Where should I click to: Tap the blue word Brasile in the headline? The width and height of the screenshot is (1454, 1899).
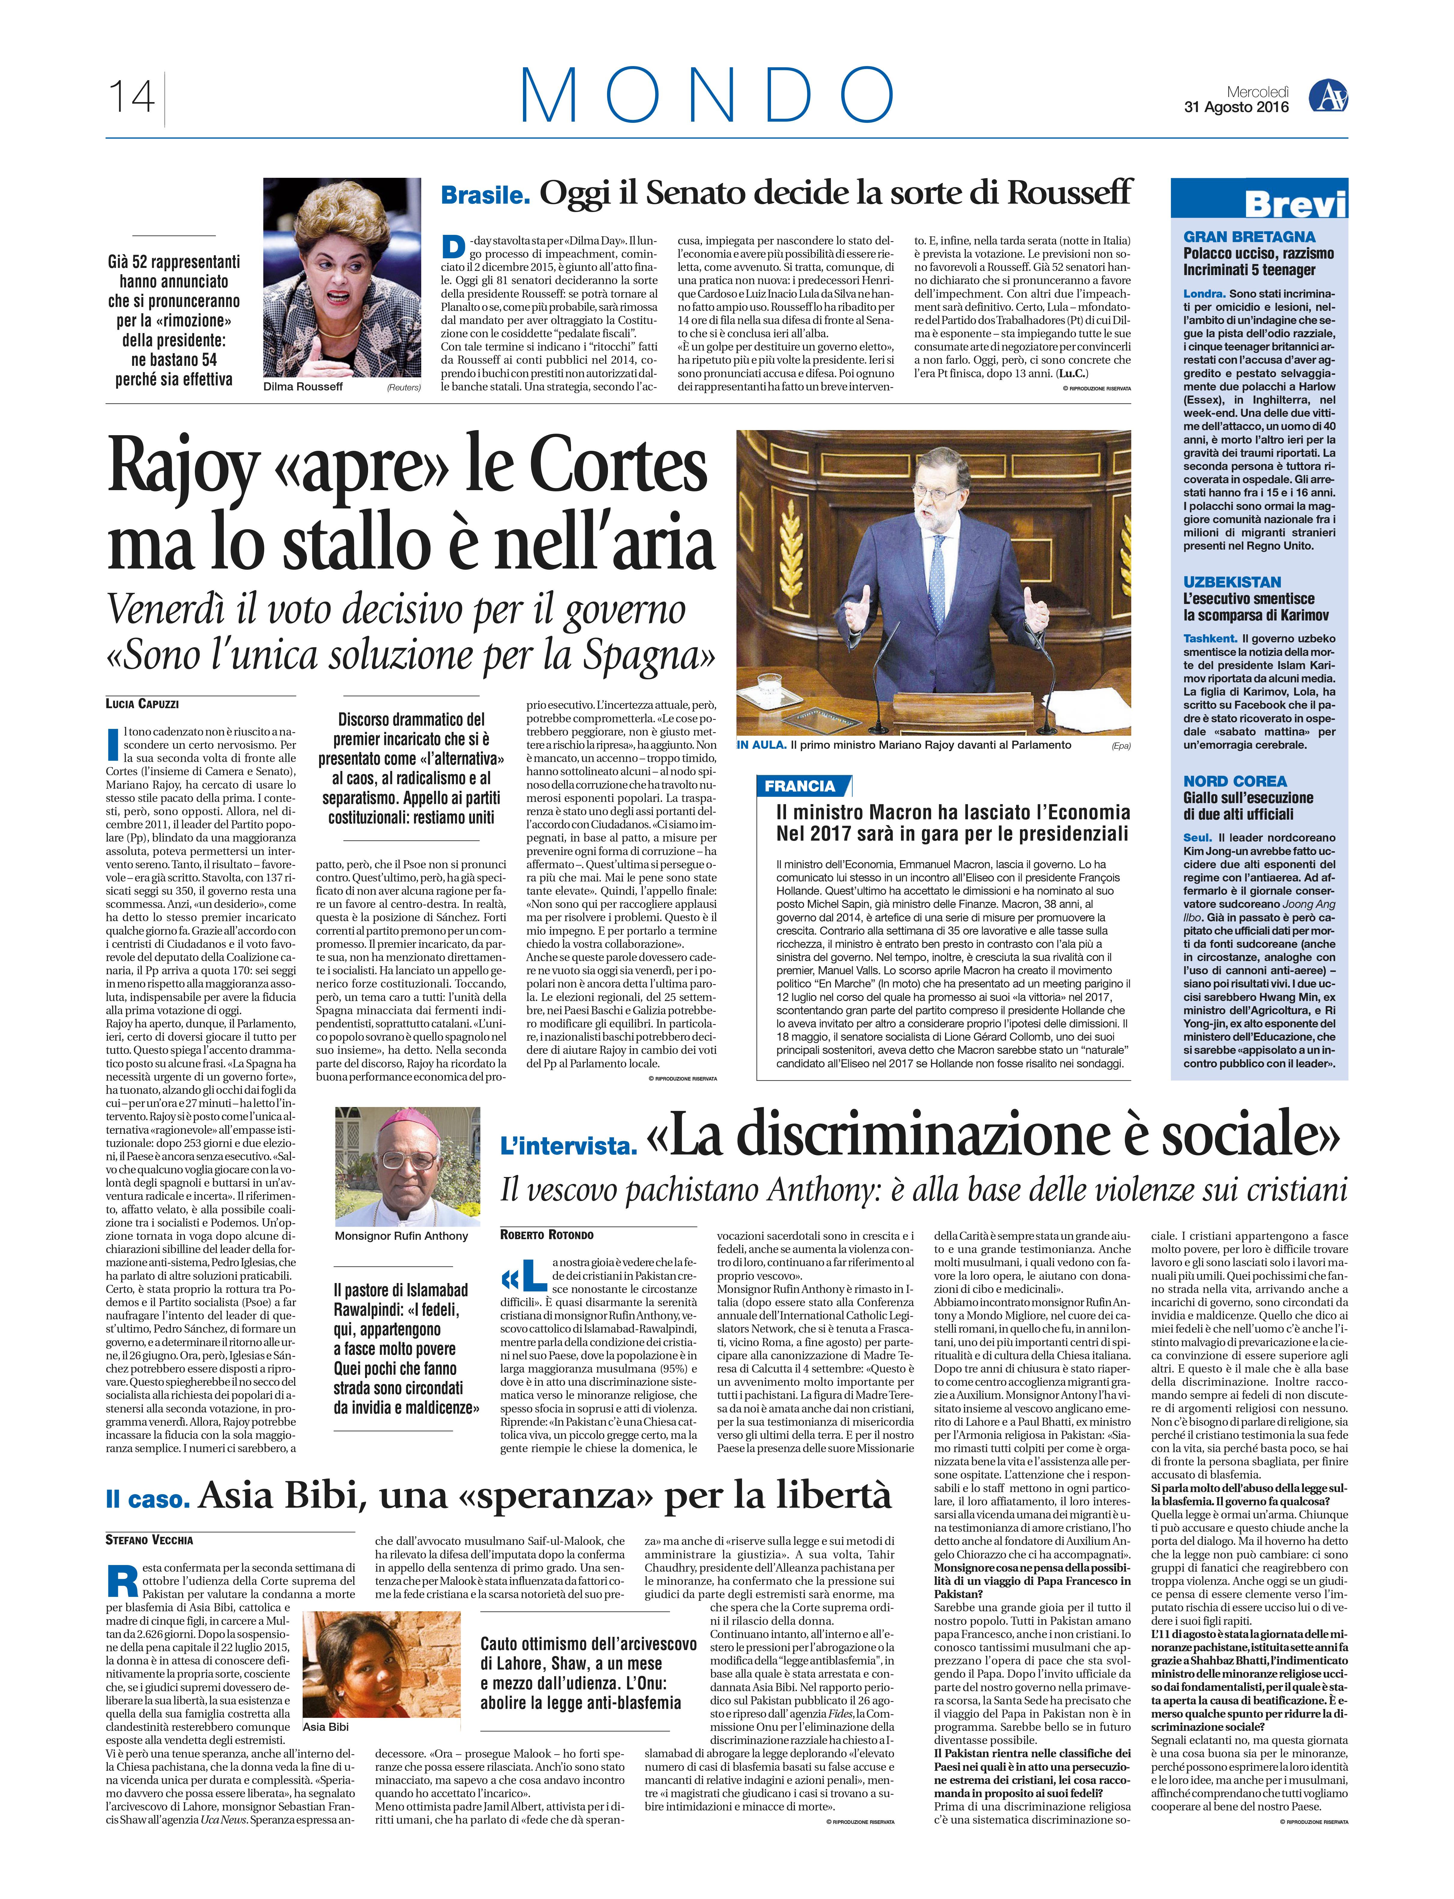[485, 196]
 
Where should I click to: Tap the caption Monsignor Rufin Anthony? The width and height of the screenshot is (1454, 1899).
[401, 1236]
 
